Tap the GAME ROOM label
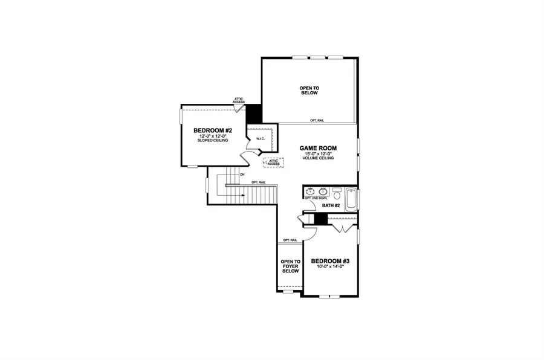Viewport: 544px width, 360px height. pos(318,148)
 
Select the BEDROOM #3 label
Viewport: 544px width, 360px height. pos(330,262)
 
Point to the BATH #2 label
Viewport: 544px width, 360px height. pos(330,206)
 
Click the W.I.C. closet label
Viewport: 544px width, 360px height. pos(261,140)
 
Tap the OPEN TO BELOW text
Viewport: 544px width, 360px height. pos(309,91)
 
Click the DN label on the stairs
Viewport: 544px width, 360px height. pos(242,175)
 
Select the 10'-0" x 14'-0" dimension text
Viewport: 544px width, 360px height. pos(330,268)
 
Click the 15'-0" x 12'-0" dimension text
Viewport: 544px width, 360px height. pos(318,155)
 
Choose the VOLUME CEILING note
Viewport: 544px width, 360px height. pos(318,159)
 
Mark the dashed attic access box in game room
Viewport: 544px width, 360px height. pos(274,162)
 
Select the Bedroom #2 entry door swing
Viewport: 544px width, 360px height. pos(247,158)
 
